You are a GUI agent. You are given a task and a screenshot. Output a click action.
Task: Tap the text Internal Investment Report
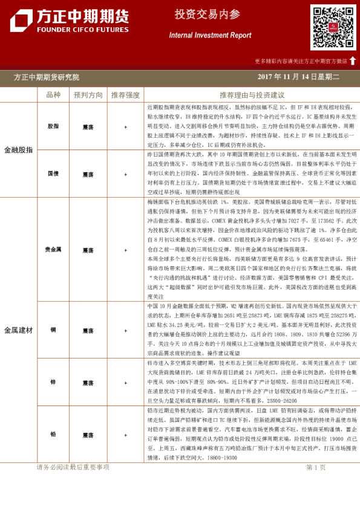pyautogui.click(x=210, y=36)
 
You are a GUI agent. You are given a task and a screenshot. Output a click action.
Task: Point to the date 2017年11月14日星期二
pyautogui.click(x=298, y=77)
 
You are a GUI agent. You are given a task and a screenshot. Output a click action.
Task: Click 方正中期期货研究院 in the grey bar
pyautogui.click(x=46, y=77)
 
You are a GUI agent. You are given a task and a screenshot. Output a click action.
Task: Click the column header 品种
pyautogui.click(x=53, y=95)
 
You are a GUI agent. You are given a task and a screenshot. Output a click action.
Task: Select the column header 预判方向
pyautogui.click(x=88, y=95)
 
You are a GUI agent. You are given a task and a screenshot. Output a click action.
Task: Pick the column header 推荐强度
pyautogui.click(x=125, y=95)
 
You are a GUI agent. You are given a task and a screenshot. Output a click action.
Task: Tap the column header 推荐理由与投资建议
pyautogui.click(x=252, y=95)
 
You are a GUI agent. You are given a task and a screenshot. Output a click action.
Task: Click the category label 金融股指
pyautogui.click(x=18, y=149)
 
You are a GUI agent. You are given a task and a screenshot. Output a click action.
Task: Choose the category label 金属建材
pyautogui.click(x=18, y=330)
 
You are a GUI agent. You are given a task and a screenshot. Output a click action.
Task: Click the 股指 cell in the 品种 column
pyautogui.click(x=53, y=127)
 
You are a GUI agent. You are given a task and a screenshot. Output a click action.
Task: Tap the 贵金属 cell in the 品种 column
pyautogui.click(x=53, y=249)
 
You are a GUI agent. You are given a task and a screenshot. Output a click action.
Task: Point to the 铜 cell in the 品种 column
pyautogui.click(x=53, y=331)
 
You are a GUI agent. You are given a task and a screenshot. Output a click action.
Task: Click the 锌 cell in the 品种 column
pyautogui.click(x=53, y=383)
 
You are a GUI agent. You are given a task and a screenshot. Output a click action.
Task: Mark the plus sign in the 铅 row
pyautogui.click(x=125, y=435)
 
